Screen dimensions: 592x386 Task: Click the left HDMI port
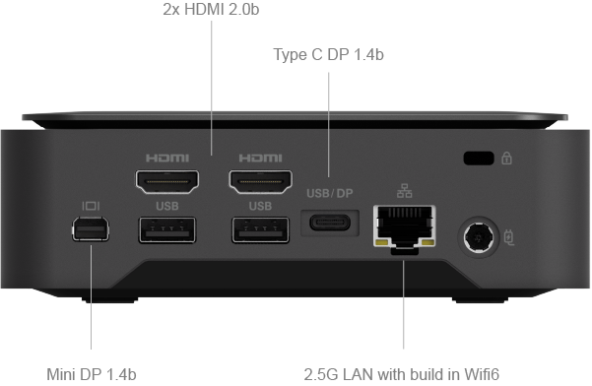click(167, 181)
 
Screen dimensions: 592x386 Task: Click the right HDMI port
click(260, 181)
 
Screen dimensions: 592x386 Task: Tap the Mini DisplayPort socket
click(91, 229)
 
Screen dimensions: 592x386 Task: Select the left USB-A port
click(167, 229)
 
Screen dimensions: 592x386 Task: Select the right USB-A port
click(260, 229)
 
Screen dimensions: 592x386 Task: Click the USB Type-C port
click(330, 223)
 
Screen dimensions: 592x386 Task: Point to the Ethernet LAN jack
click(405, 228)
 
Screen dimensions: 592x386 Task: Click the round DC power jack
click(479, 237)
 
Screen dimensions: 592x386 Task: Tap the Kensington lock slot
click(479, 159)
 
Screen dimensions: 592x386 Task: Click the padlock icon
click(506, 158)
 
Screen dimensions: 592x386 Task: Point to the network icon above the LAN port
click(405, 191)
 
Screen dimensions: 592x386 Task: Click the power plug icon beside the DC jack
click(509, 237)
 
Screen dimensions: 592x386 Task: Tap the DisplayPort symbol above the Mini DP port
click(91, 206)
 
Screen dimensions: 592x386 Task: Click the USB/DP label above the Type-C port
click(330, 194)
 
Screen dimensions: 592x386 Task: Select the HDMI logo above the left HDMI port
click(167, 158)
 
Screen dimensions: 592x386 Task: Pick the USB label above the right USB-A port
click(260, 206)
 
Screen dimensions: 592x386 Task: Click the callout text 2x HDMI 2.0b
click(211, 10)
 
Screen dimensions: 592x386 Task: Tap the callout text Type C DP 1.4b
click(328, 55)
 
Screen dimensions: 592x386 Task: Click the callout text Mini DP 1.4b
click(92, 374)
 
